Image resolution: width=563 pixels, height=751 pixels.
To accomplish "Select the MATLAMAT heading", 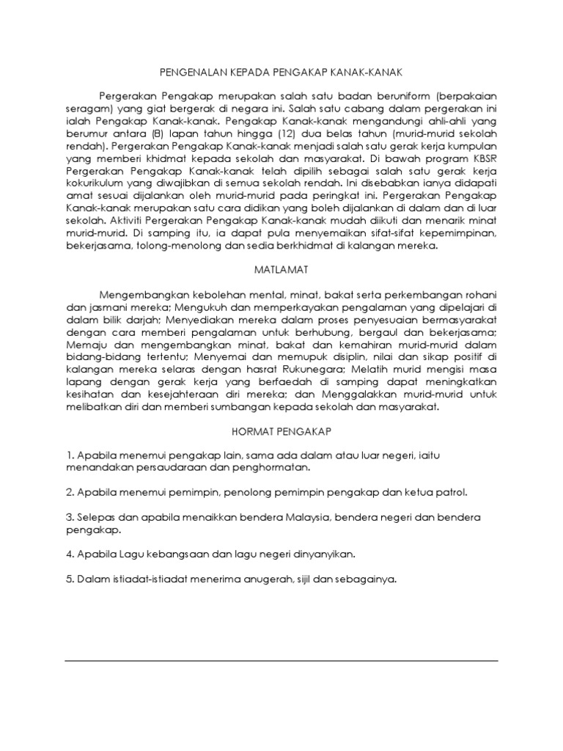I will point(281,269).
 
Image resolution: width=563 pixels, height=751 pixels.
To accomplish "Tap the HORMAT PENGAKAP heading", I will point(281,432).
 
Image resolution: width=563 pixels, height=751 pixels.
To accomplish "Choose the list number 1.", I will point(68,455).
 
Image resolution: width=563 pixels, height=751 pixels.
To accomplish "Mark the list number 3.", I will point(68,517).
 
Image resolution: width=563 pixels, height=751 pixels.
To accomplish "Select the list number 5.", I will point(68,579).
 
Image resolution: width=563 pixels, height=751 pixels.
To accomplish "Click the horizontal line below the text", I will point(281,661).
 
